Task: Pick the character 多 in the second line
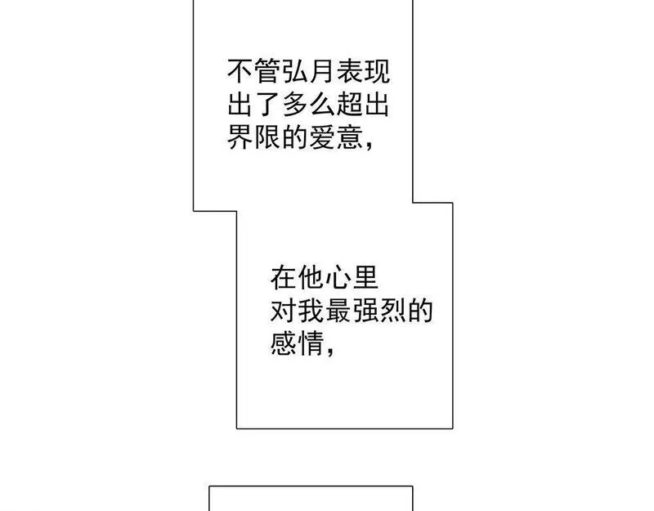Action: coord(295,105)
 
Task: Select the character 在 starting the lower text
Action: coord(283,277)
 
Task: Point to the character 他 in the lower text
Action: coord(311,277)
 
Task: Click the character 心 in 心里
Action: coord(338,277)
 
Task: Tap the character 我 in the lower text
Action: coord(311,311)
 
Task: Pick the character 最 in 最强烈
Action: coord(338,311)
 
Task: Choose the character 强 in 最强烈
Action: coord(365,311)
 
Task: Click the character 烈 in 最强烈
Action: coord(393,311)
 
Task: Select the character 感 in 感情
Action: coord(283,344)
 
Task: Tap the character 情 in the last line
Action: coord(311,344)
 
